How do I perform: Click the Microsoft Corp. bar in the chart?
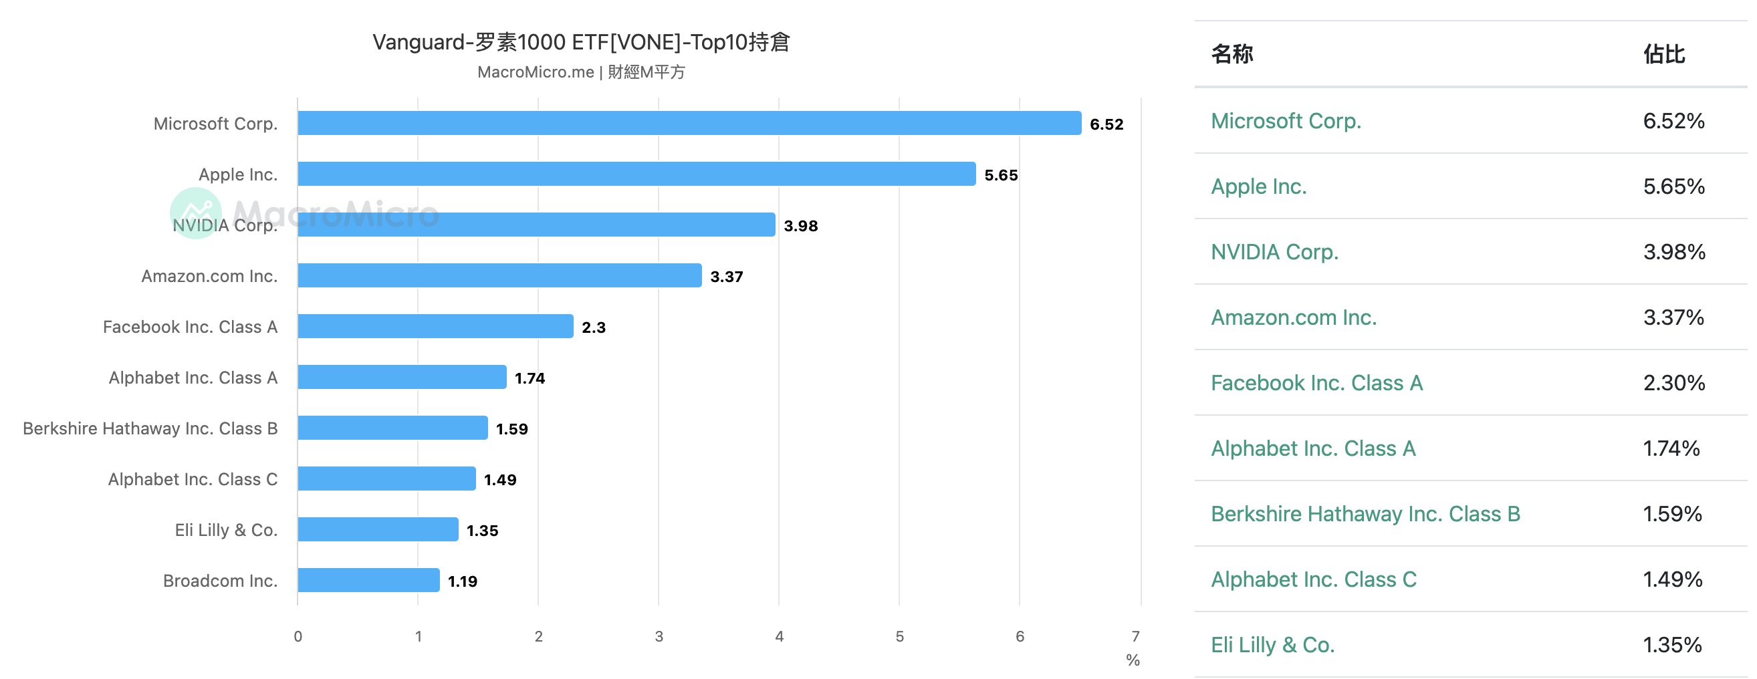(689, 124)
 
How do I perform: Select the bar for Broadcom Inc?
(368, 580)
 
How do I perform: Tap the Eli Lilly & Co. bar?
(378, 530)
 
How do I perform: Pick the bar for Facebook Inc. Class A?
(435, 327)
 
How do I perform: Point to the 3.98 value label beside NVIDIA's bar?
(800, 226)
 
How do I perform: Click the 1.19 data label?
(463, 581)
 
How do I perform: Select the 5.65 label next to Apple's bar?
(1001, 175)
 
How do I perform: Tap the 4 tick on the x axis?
(779, 636)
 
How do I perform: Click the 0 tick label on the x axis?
(298, 636)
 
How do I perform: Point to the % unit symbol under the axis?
(1133, 660)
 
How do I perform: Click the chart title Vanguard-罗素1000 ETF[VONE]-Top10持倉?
(581, 42)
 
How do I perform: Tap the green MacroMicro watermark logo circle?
(196, 213)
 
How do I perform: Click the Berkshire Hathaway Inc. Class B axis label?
(150, 428)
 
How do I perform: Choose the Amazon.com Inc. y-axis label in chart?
(209, 276)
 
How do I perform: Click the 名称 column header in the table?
(1232, 54)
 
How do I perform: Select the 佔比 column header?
(1663, 54)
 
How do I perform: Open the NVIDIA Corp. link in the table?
(1274, 252)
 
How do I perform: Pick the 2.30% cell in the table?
(1674, 383)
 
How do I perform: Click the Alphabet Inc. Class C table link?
(1314, 579)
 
